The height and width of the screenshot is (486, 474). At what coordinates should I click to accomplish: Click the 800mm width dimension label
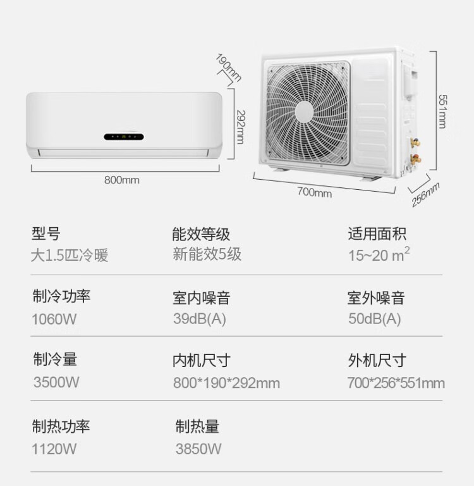(122, 180)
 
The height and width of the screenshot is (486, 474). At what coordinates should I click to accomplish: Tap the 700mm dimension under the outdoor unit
(314, 192)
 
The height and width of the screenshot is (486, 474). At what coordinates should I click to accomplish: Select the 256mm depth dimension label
(425, 194)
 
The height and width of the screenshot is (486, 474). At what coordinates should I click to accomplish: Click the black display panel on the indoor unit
(124, 136)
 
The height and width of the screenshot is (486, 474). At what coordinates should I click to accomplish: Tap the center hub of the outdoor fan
(304, 112)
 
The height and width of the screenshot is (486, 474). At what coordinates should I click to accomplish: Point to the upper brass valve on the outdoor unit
(416, 143)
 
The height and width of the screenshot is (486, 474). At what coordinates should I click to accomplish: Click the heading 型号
(46, 234)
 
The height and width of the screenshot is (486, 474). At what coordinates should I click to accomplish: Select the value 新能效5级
(207, 254)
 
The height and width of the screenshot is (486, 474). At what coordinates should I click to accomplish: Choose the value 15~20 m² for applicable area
(379, 254)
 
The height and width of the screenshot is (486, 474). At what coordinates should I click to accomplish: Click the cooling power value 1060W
(54, 319)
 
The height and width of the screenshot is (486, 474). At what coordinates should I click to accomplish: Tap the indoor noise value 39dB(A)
(199, 319)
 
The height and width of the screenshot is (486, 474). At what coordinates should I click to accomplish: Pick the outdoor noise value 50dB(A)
(374, 319)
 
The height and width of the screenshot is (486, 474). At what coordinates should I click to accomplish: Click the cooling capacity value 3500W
(56, 382)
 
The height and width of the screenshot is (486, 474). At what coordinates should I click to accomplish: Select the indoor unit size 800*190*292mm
(226, 383)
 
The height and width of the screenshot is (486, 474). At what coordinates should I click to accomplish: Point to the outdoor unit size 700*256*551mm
(396, 383)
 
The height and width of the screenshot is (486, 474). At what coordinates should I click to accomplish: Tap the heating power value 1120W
(54, 449)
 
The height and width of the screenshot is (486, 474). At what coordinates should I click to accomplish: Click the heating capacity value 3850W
(198, 449)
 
